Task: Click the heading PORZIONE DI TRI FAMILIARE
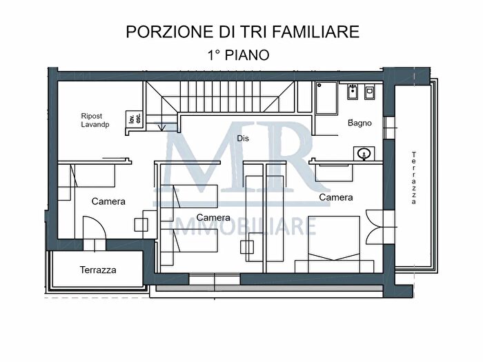pos(242,32)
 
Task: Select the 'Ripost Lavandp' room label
pos(91,121)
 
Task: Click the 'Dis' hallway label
pos(242,139)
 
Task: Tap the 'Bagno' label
pos(359,123)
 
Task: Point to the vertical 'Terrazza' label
pos(413,177)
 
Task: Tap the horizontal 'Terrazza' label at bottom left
pos(97,270)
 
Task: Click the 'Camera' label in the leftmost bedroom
pos(108,201)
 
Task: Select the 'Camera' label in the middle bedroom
pos(213,217)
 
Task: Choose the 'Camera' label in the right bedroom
pos(335,197)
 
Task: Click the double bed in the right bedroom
pos(335,245)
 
